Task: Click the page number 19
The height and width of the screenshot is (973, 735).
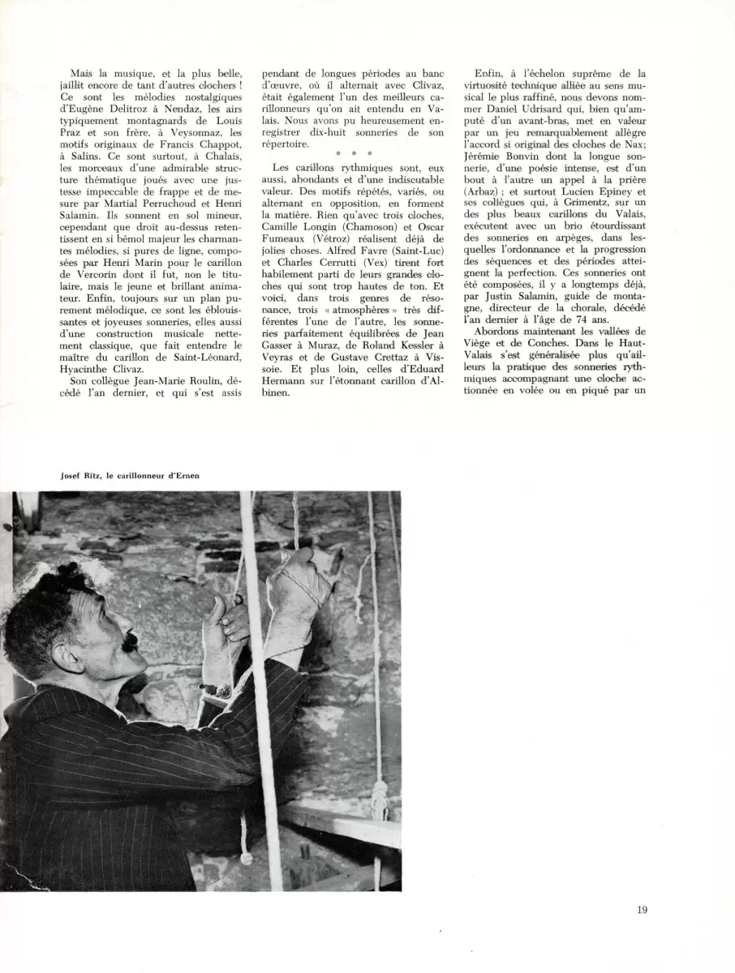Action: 643,910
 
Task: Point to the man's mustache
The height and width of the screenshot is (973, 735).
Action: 129,642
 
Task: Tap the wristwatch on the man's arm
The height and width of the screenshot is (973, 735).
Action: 217,690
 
